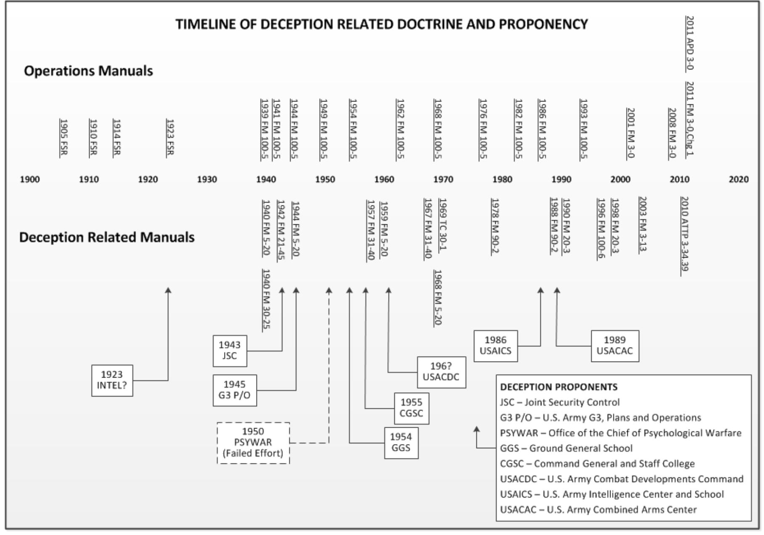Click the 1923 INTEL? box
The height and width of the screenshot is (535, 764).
coord(112,380)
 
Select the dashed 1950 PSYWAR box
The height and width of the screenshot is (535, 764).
coord(253,442)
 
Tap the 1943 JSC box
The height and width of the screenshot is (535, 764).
coord(230,350)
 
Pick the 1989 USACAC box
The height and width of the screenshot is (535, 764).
coord(614,346)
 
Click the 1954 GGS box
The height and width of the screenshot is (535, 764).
coord(401,442)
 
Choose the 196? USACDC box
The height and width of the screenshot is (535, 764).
coord(441,372)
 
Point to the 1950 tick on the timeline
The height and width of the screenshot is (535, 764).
coord(325,179)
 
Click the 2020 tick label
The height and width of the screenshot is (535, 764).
coord(738,179)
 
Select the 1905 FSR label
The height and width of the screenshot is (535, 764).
coord(64,137)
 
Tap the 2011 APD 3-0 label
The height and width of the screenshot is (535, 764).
coord(690,43)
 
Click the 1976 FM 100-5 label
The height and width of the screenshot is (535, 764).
coord(483,129)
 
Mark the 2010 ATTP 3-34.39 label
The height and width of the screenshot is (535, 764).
coord(684,234)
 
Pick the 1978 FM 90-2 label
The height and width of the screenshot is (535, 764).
coord(495,226)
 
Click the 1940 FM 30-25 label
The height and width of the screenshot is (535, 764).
coord(266,299)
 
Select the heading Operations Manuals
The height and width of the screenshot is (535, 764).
coord(88,71)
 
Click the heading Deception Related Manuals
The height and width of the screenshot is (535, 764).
coord(107,237)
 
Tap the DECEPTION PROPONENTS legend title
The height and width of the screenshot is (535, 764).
coord(558,387)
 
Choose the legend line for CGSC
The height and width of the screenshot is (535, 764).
coord(597,463)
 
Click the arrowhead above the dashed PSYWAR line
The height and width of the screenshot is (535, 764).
coord(329,290)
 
